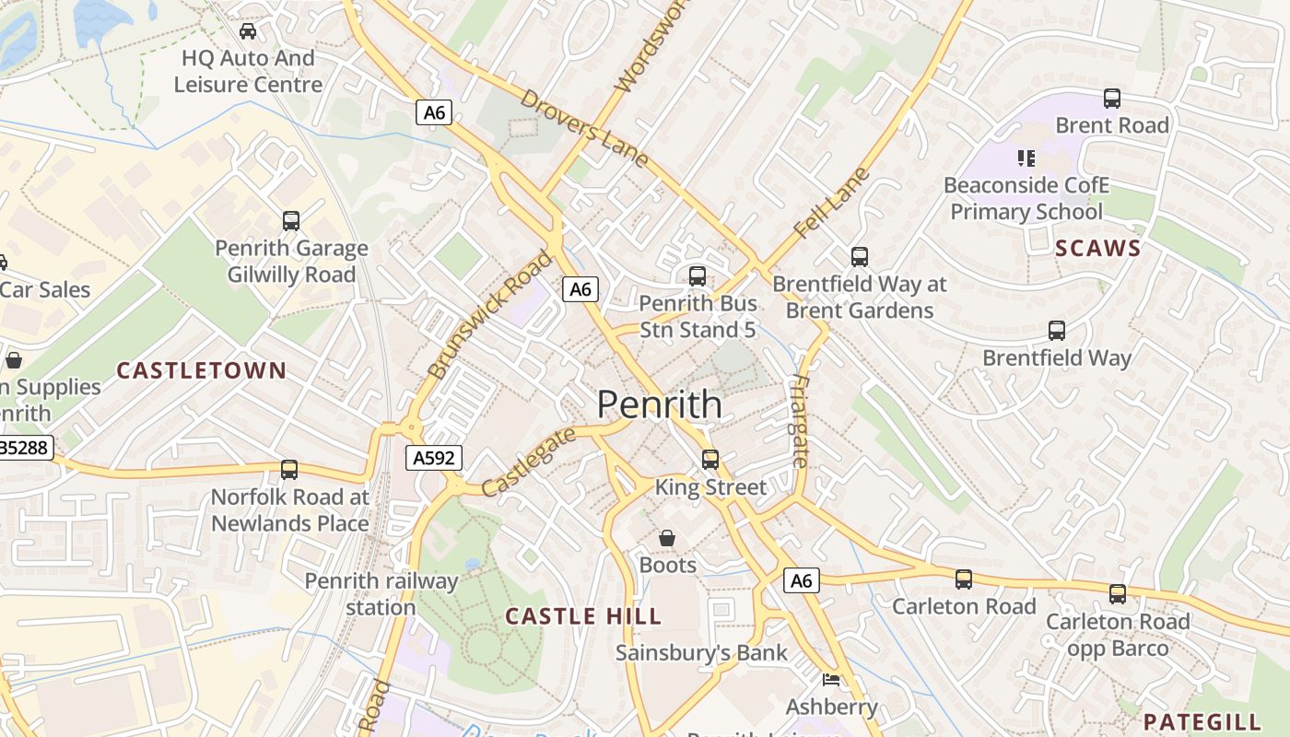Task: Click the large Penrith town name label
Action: point(660,404)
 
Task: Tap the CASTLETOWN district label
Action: point(201,370)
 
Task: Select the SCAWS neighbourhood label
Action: point(1097,248)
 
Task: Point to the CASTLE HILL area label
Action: point(583,616)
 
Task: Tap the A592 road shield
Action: point(433,458)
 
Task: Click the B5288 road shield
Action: point(26,448)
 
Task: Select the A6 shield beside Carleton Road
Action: point(801,580)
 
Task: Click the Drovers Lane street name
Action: point(584,128)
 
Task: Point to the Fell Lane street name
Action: point(832,203)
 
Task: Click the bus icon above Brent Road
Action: point(1112,98)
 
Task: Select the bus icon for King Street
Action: point(709,459)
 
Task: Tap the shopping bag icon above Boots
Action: point(667,537)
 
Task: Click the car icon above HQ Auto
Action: point(248,31)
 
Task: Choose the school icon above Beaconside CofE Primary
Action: point(1026,158)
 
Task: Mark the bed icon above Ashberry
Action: point(830,680)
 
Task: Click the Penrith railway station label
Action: point(381,594)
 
